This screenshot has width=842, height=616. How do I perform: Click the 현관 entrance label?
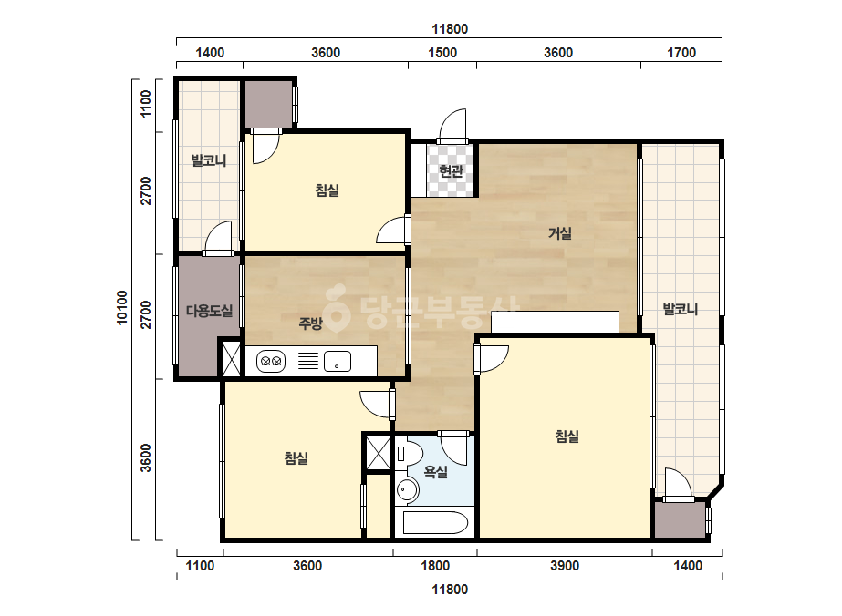tap(451, 171)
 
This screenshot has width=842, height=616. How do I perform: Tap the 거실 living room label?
tap(559, 233)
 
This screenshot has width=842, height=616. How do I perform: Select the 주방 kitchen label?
tap(310, 323)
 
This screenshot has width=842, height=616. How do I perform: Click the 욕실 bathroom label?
tap(435, 472)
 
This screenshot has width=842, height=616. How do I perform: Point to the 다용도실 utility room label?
tap(210, 311)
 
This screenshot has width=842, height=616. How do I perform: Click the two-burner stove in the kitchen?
tap(271, 361)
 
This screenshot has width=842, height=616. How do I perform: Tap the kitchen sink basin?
tap(338, 361)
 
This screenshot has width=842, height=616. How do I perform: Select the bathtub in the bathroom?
tap(435, 522)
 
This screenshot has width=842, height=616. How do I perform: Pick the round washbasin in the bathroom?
tap(407, 490)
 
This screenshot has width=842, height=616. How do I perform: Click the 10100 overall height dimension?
tap(122, 307)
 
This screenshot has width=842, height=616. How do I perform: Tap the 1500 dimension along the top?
tap(442, 53)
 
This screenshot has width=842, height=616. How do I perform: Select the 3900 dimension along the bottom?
tap(565, 566)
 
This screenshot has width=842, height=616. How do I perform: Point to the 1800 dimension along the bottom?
tap(435, 566)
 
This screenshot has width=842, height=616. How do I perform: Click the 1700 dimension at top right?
tap(681, 53)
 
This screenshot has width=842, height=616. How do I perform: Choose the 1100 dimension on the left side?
tap(146, 104)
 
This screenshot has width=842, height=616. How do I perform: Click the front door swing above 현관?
tap(452, 127)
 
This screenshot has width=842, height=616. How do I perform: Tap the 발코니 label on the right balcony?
tap(681, 309)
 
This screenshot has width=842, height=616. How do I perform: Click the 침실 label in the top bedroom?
tap(327, 190)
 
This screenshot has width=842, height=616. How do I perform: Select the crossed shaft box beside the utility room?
tap(232, 358)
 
